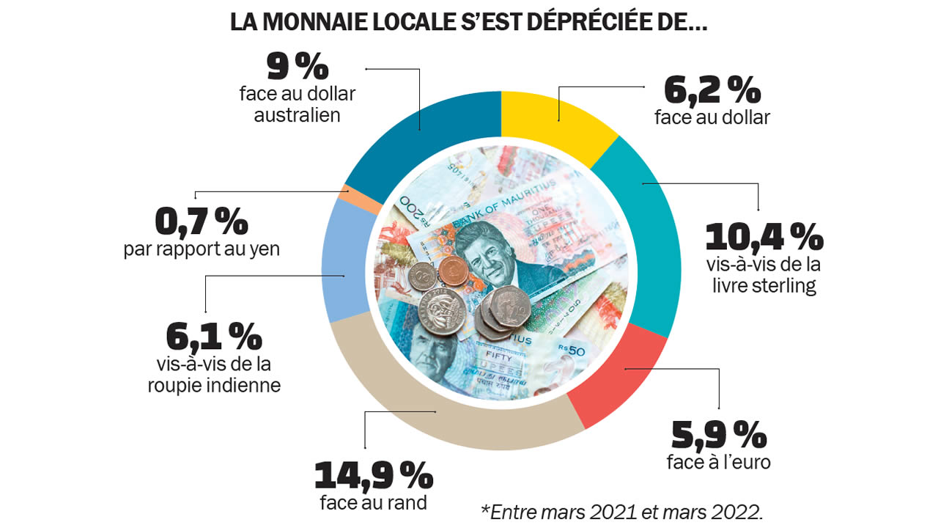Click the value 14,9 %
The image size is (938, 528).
point(374,477)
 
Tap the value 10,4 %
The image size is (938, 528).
point(764,238)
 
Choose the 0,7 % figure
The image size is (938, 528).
point(202,221)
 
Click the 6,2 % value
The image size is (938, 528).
point(712,91)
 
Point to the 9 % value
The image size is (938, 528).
point(297,68)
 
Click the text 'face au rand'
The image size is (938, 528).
point(374,503)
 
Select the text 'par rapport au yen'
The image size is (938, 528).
point(202,249)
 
